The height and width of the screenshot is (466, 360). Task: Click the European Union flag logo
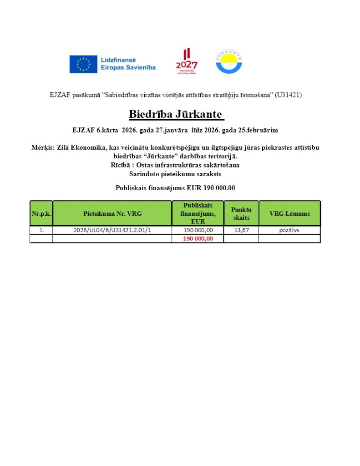[83, 64]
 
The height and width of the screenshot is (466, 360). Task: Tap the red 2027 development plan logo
[187, 61]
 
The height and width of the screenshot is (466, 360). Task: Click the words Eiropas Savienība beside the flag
[128, 67]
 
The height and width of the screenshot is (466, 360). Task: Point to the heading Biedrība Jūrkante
[177, 114]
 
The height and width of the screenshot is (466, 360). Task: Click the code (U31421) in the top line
[288, 95]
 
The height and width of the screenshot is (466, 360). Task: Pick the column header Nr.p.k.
[41, 213]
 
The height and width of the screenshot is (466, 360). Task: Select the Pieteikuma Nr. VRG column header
[112, 213]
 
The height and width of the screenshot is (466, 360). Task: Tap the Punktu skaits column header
[241, 213]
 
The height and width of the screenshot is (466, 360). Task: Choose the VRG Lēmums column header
[289, 213]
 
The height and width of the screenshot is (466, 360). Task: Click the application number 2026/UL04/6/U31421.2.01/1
[112, 230]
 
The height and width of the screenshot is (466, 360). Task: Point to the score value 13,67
[241, 230]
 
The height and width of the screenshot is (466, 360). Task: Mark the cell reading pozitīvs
[289, 230]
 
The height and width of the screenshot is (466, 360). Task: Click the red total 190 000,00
[198, 238]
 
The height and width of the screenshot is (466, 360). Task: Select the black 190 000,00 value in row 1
[198, 230]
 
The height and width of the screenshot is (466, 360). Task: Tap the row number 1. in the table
[41, 230]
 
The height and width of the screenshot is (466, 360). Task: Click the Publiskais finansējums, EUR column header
[198, 213]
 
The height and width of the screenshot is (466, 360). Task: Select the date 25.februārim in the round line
[258, 130]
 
